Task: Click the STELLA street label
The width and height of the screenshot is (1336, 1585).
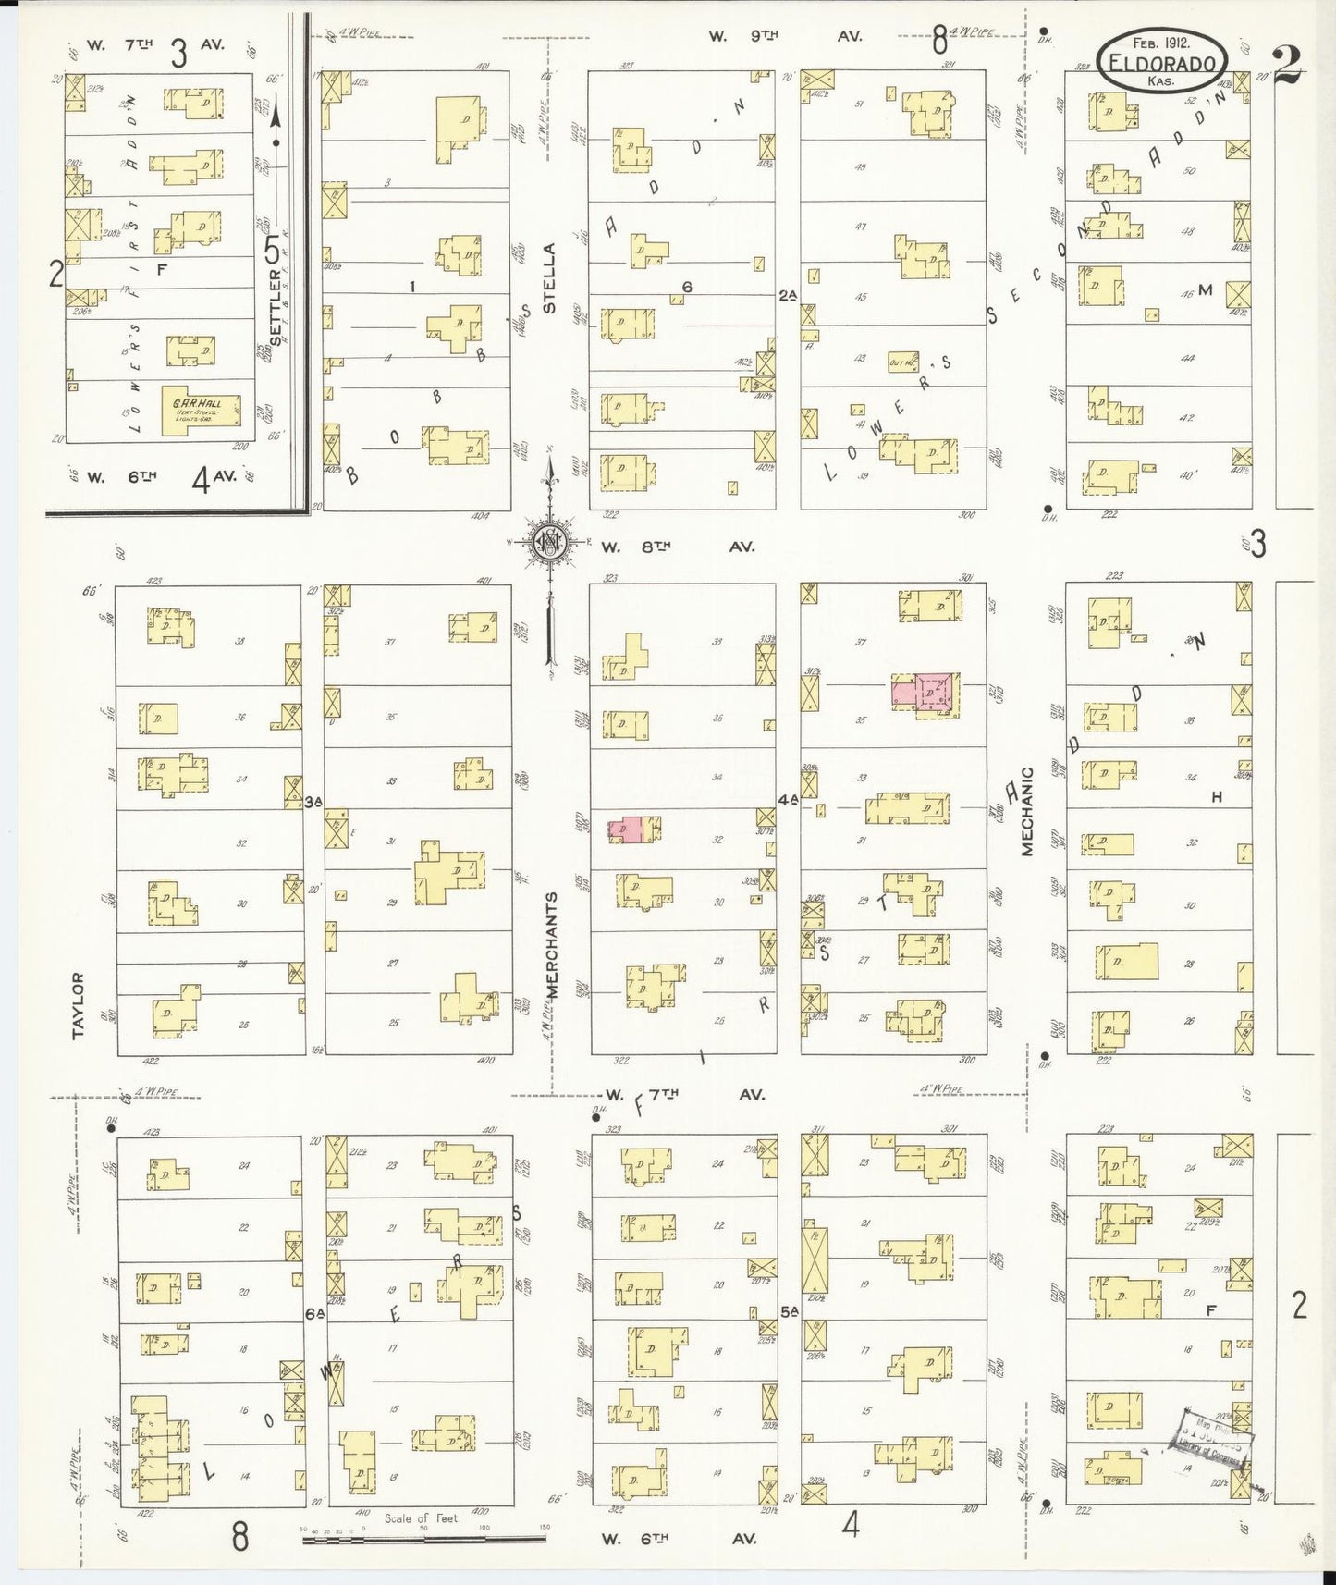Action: (550, 277)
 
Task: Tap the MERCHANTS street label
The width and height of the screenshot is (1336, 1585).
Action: (551, 944)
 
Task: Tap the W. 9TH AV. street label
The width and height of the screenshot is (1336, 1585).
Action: (785, 36)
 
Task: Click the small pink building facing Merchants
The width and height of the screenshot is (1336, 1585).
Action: (628, 829)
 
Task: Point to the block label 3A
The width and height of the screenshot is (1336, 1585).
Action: (313, 802)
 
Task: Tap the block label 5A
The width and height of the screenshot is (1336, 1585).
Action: (789, 1311)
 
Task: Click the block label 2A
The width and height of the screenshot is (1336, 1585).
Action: (787, 296)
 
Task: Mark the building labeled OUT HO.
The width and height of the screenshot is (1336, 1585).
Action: (901, 362)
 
